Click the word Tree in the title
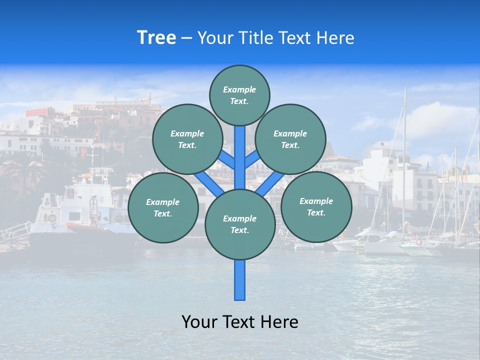156,38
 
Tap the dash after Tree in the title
186,38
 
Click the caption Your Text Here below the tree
240,322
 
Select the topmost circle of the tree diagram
239,95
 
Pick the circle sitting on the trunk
240,224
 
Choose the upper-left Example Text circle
187,139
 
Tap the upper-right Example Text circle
290,139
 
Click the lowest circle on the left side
163,208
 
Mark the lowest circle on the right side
316,206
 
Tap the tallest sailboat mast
404,150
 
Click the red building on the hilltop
39,111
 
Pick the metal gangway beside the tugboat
15,231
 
